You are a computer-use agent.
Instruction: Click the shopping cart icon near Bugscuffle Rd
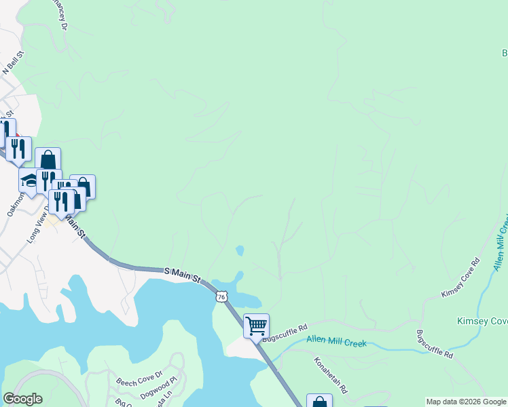point(256,326)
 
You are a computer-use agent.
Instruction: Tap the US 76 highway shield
point(221,296)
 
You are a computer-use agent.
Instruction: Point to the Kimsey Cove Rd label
point(461,277)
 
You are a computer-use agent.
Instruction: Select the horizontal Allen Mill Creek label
point(336,342)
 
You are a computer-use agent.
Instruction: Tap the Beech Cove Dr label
point(139,378)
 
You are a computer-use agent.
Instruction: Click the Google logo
point(22,399)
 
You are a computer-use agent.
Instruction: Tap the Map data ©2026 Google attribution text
point(466,402)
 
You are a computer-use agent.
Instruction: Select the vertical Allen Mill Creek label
point(501,245)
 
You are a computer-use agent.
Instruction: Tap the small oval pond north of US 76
point(240,251)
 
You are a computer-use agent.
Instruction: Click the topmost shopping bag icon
point(48,159)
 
